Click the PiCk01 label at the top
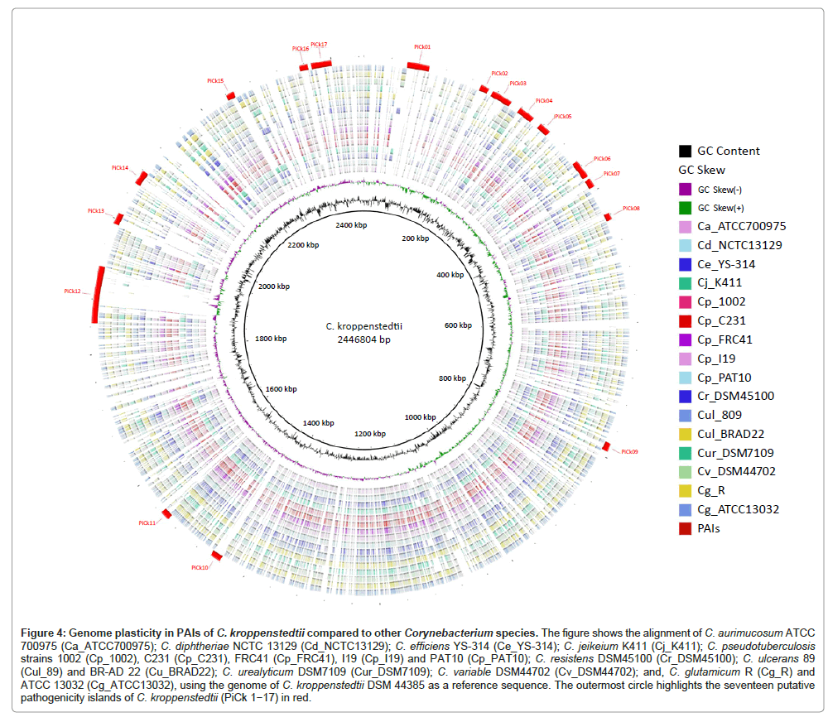click(421, 46)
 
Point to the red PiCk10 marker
click(217, 556)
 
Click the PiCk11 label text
click(147, 523)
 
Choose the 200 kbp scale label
click(415, 238)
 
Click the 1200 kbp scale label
click(369, 433)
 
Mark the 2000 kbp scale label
click(274, 286)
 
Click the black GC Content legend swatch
click(686, 152)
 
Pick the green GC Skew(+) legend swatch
click(686, 208)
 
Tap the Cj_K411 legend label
click(720, 282)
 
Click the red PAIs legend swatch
click(686, 528)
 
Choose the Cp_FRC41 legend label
click(725, 339)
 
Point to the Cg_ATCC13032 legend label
click(739, 509)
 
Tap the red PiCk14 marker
click(142, 178)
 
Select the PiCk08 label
click(631, 208)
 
